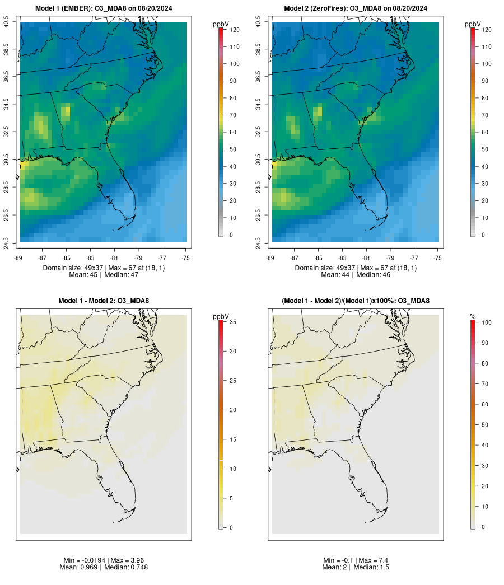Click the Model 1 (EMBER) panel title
coord(104,8)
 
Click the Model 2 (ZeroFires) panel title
coord(356,8)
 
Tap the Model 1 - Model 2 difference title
coord(104,301)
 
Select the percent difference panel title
coord(356,301)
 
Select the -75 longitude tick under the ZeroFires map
coord(438,258)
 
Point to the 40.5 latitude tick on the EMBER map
coord(6,22)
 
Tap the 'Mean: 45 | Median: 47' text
coord(104,275)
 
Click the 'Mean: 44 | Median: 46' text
coord(356,275)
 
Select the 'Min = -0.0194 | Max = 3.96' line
coord(104,560)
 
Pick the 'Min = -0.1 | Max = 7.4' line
coord(356,560)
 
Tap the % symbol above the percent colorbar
coord(473,317)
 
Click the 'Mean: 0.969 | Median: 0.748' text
coord(104,567)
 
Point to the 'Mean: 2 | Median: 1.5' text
coord(356,567)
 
